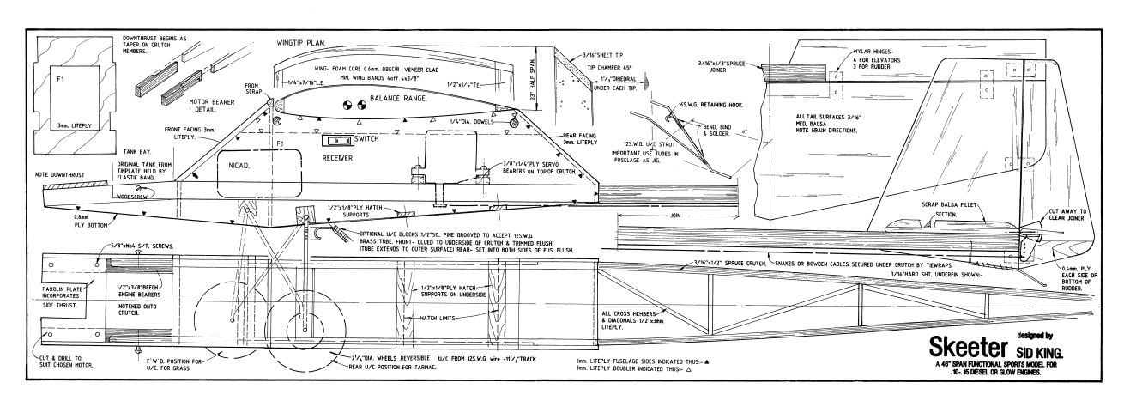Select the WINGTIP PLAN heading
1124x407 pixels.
[307, 41]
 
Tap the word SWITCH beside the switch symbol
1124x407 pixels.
[366, 138]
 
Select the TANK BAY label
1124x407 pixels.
[54, 151]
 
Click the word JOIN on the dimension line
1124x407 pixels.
[676, 216]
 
